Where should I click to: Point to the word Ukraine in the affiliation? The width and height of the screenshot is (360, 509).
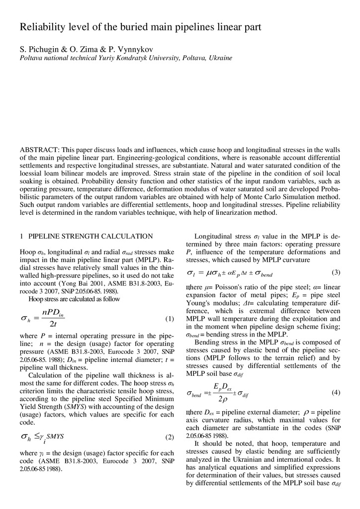click(220, 58)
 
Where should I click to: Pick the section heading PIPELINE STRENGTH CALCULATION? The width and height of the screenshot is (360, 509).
click(90, 236)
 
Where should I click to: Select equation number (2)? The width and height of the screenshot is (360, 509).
click(169, 437)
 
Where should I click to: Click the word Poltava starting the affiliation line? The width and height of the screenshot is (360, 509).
click(32, 58)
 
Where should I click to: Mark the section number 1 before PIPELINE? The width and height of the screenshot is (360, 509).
click(21, 236)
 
